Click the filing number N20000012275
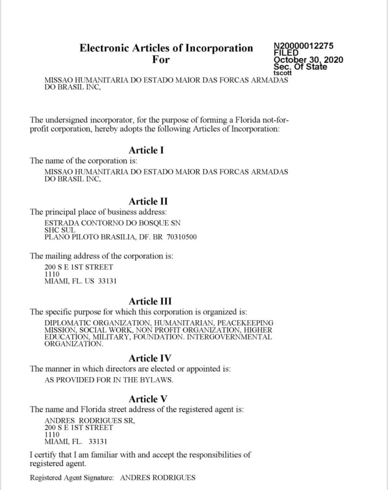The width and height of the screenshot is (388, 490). (303, 46)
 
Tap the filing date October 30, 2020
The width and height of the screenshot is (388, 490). (308, 60)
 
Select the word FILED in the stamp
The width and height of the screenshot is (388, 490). (286, 53)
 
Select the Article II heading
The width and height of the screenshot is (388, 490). (148, 201)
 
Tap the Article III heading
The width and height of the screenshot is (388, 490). (150, 301)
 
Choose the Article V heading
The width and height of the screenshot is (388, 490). (148, 399)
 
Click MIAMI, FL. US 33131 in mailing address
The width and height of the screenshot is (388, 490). (80, 281)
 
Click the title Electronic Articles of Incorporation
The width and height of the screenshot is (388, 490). (166, 48)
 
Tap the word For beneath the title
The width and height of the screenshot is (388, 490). (161, 60)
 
